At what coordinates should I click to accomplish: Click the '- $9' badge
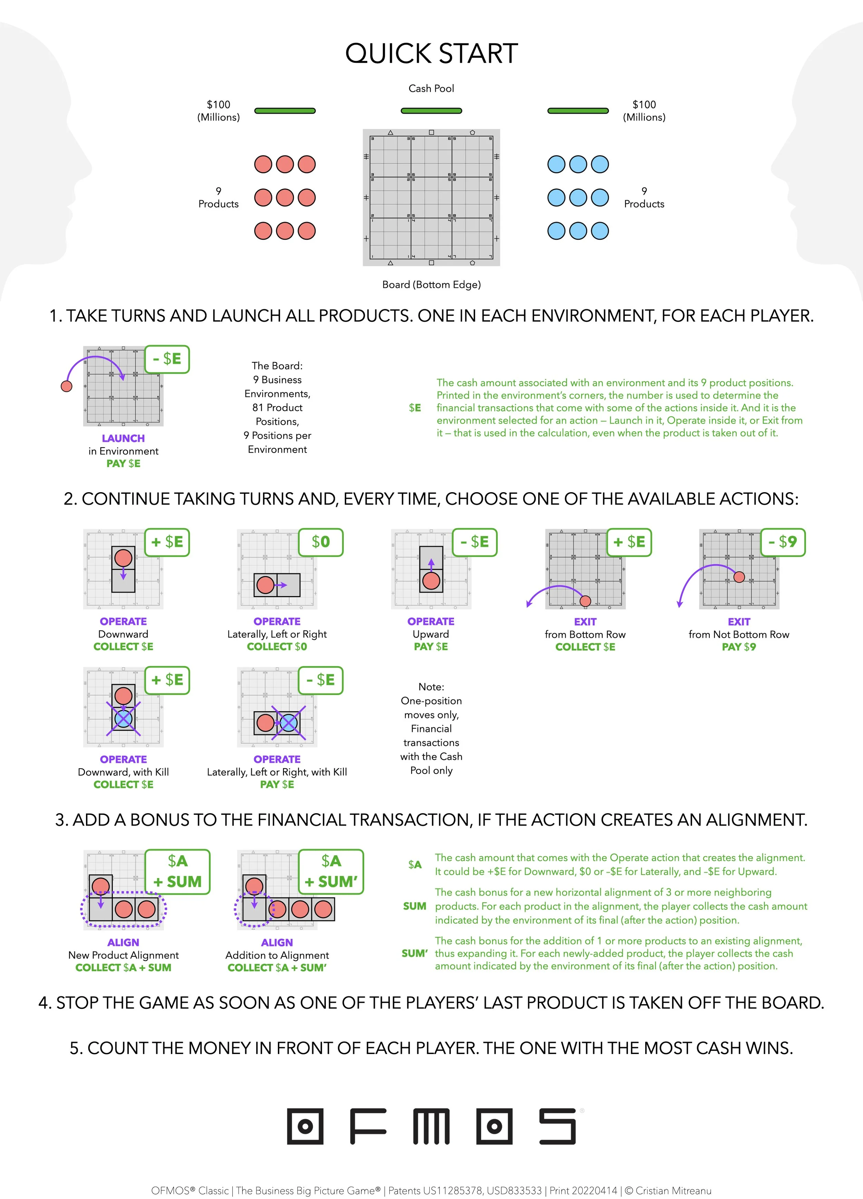[783, 542]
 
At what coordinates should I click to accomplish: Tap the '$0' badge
[320, 542]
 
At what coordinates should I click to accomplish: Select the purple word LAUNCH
[123, 438]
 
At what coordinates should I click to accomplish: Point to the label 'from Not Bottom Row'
[739, 634]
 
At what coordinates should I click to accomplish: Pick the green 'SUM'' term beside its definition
[414, 953]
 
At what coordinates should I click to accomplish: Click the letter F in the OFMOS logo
[368, 1126]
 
